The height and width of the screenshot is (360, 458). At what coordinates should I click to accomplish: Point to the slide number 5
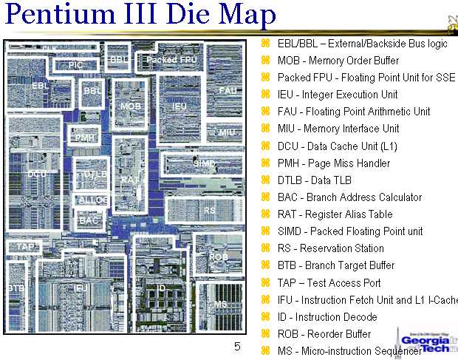point(237,346)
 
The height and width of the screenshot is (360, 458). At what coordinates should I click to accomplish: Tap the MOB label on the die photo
point(130,106)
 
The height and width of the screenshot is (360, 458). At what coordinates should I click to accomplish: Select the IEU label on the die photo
point(180,106)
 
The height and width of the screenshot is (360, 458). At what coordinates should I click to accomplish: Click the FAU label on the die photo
point(227,89)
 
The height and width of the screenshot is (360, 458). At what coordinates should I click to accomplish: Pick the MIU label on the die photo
point(227,132)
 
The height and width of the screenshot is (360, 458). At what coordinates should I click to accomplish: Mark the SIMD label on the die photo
point(204,163)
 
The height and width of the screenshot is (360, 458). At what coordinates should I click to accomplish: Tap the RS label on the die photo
point(210,210)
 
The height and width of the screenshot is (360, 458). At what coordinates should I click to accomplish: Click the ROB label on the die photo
point(218,257)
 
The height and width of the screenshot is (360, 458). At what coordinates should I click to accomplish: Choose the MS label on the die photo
point(219,305)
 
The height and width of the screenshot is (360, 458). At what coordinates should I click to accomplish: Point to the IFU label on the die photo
point(82,288)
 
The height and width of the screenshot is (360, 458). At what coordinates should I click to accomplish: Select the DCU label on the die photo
point(37,174)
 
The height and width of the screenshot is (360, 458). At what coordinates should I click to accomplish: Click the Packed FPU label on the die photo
point(171,59)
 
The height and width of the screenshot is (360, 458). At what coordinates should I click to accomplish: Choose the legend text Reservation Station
point(342,248)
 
